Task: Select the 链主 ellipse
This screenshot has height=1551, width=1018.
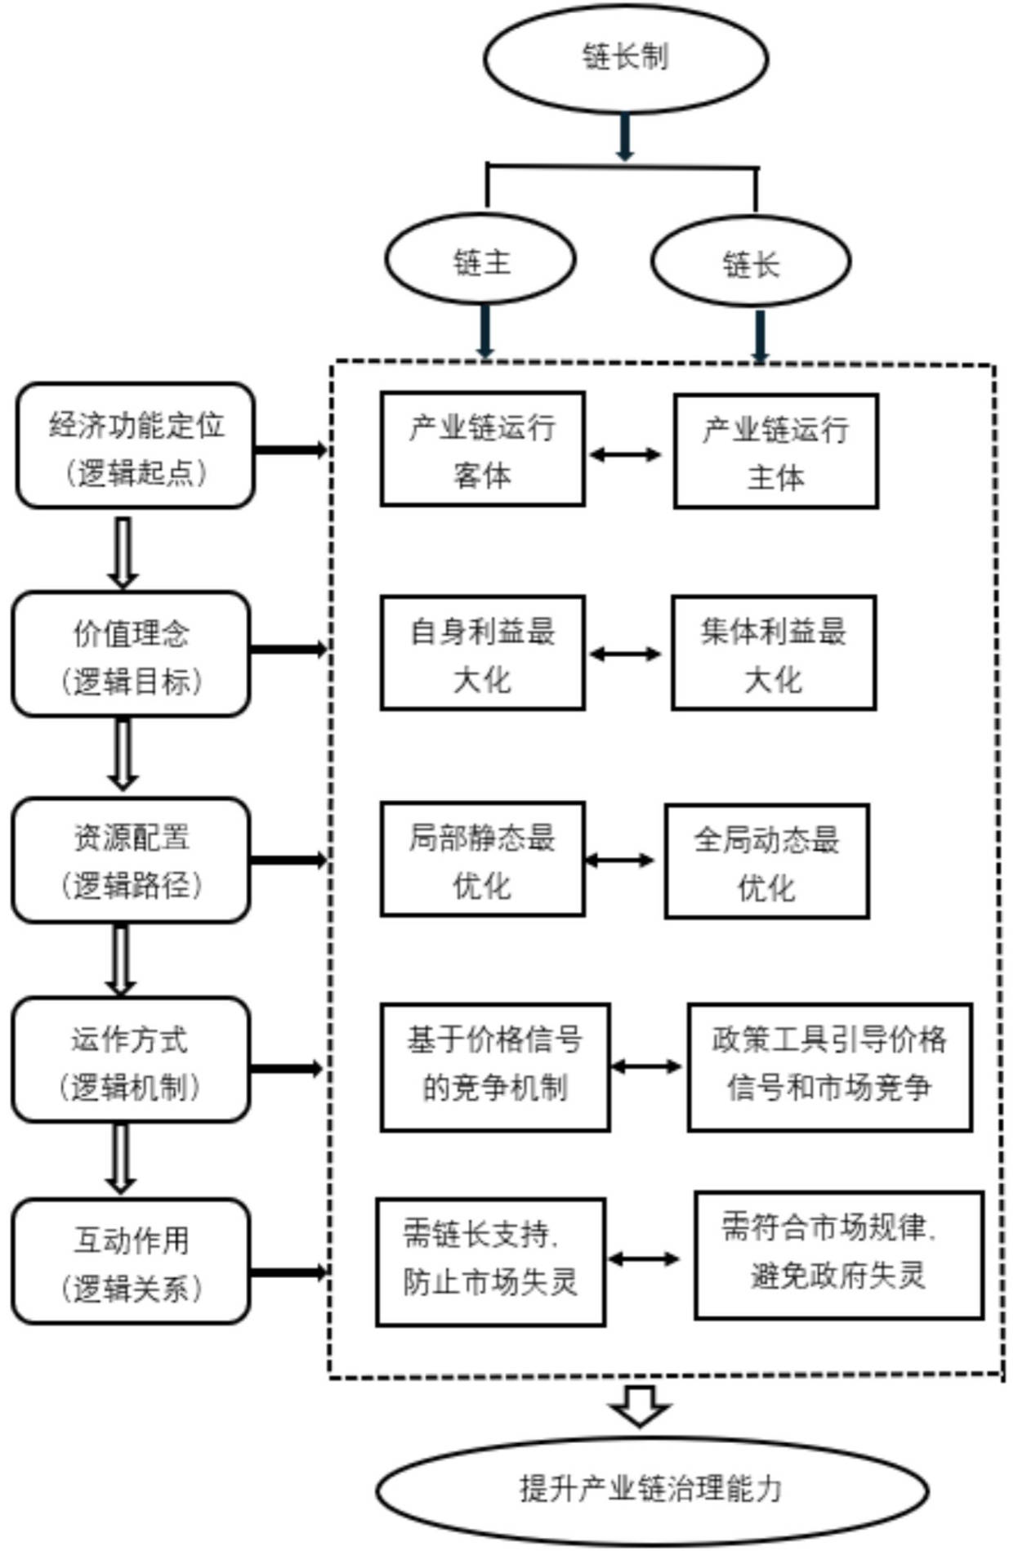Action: [481, 261]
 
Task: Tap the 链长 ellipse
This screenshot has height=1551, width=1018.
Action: [751, 262]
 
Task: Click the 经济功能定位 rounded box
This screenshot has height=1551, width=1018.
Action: [136, 446]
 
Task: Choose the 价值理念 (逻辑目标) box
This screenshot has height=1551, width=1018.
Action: [131, 655]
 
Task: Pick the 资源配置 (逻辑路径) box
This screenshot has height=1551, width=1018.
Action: [131, 860]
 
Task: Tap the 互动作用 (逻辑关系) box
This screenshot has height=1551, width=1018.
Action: [131, 1262]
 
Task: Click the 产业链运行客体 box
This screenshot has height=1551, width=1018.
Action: [483, 449]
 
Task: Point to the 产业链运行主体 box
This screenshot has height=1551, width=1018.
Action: [776, 452]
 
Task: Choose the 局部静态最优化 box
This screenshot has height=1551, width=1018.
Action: [483, 860]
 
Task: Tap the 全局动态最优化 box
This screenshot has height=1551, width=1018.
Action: [766, 862]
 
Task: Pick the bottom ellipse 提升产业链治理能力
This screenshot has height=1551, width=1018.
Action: [651, 1489]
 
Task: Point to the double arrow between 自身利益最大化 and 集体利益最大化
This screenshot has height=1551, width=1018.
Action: [626, 654]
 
